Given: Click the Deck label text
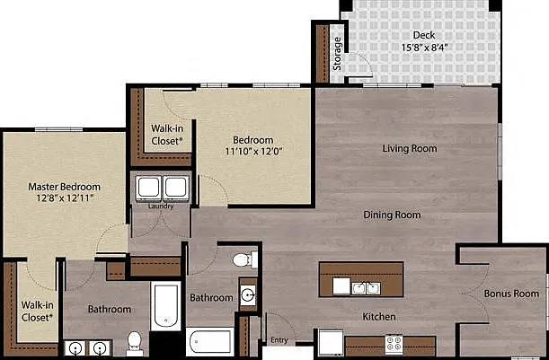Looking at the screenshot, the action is (x=424, y=35).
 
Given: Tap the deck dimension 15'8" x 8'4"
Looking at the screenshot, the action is (x=425, y=48).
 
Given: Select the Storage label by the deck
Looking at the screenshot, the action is (x=337, y=54).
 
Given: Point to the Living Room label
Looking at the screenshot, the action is (x=410, y=148).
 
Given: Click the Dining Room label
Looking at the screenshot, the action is (x=392, y=215).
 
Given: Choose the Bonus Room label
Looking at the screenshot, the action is (x=511, y=294).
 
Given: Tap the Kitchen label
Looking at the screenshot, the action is (x=379, y=317).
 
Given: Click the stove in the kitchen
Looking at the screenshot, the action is (x=394, y=344).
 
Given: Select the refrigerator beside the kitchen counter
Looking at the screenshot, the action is (x=331, y=343).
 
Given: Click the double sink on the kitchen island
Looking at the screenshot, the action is (x=366, y=288).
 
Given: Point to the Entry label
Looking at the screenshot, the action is (x=279, y=340).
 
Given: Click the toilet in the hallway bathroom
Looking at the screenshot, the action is (x=245, y=260).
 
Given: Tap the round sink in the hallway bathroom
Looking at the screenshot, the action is (x=248, y=295).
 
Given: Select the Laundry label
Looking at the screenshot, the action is (x=161, y=206).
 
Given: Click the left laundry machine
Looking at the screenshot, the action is (x=149, y=188).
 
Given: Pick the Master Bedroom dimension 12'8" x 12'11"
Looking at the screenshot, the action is (x=65, y=198).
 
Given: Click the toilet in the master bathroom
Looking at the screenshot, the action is (x=135, y=344).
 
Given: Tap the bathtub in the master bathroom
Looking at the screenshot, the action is (x=165, y=306).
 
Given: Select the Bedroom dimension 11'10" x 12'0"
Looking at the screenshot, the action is (x=254, y=152).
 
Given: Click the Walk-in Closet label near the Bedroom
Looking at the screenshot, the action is (x=167, y=135).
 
